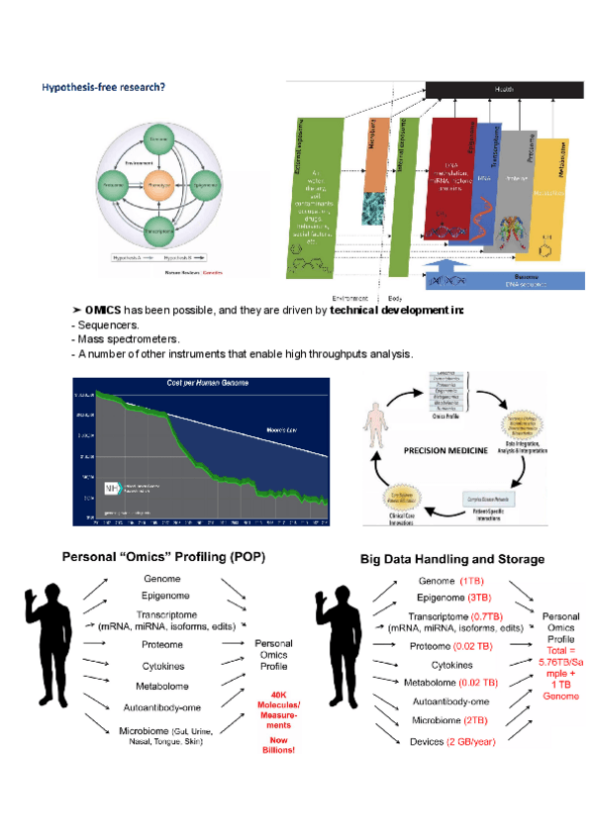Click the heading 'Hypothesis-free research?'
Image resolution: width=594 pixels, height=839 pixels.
point(103,87)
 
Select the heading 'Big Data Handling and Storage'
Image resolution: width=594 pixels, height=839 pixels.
point(451,559)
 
